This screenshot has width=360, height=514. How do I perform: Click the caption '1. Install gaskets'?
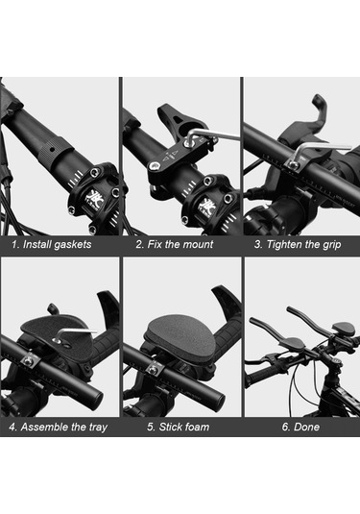pyautogui.click(x=52, y=245)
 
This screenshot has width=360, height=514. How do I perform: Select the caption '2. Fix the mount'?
pyautogui.click(x=175, y=244)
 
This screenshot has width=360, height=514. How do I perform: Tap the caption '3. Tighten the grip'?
pyautogui.click(x=298, y=245)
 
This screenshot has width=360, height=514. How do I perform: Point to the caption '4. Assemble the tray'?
pyautogui.click(x=59, y=427)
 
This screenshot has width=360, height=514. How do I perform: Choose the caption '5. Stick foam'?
pyautogui.click(x=179, y=427)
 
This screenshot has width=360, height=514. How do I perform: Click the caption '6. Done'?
pyautogui.click(x=300, y=427)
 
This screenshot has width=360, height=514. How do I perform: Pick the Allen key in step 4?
pyautogui.click(x=74, y=332)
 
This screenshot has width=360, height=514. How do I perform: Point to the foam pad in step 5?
pyautogui.click(x=180, y=336)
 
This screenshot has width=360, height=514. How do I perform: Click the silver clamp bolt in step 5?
pyautogui.click(x=152, y=370)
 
